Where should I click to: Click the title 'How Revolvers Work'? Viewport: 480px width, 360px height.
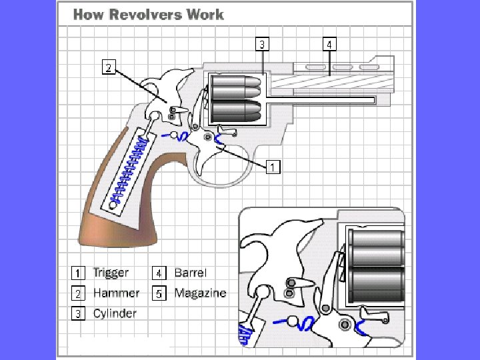pos(149,14)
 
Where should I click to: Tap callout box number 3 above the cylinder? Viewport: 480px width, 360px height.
pos(263,45)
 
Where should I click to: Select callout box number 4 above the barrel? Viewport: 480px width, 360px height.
pos(330,45)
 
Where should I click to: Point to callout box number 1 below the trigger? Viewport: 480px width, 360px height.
pos(272,167)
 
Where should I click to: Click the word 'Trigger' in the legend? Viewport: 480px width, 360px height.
pos(111,273)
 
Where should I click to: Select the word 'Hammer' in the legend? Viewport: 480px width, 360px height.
pos(116,293)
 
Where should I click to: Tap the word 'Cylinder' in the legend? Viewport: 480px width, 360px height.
pos(115,313)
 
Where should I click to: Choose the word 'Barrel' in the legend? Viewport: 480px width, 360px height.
pos(191,273)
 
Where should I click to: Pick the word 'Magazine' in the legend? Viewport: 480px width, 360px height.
pos(200,293)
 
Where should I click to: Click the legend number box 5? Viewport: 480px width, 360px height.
pos(159,293)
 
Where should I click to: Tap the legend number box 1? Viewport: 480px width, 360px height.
pos(78,273)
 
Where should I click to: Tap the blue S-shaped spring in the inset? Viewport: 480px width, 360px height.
pos(307,325)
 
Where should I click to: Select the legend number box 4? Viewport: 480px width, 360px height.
pos(159,273)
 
